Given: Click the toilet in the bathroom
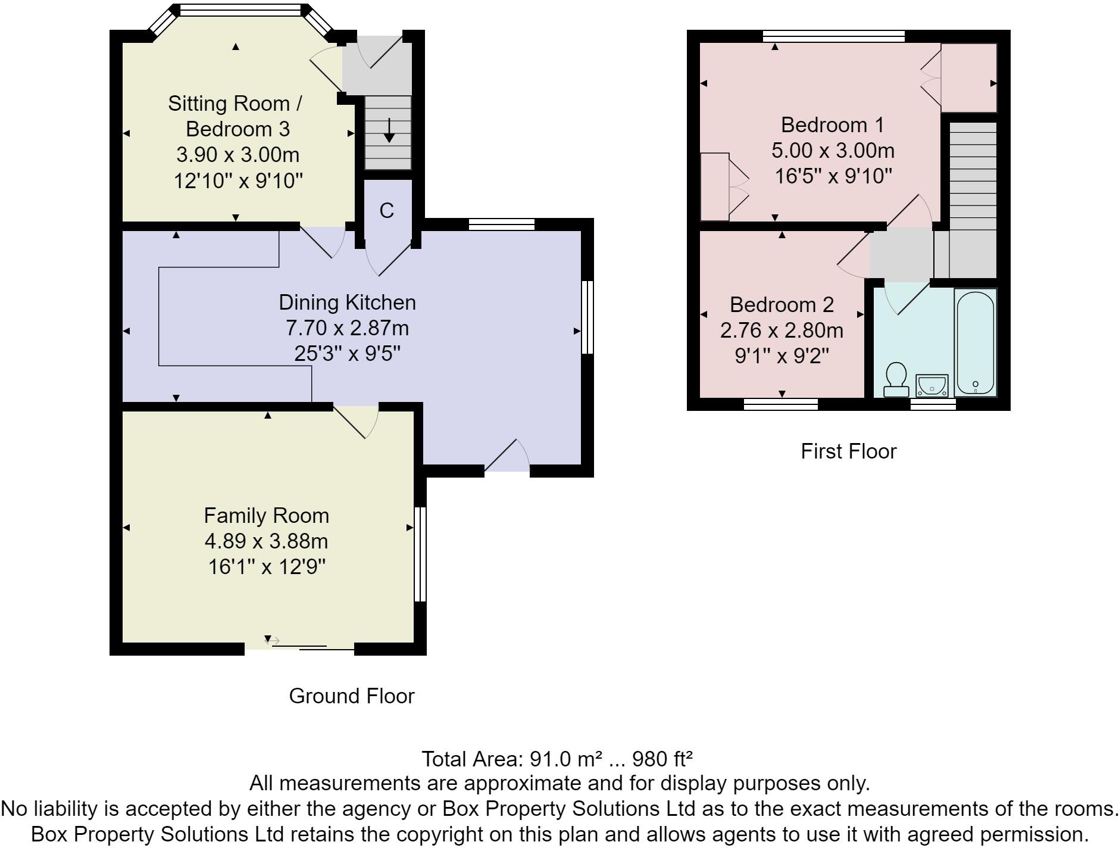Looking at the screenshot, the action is (896, 380).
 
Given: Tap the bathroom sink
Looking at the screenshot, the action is (932, 385).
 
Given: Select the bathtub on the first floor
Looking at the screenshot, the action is (975, 342).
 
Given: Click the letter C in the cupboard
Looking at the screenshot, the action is (387, 210).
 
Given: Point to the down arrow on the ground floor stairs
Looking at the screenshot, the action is (389, 130).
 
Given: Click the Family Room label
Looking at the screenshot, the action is (266, 515).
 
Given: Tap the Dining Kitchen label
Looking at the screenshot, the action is (347, 302).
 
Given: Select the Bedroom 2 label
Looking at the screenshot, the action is (782, 304).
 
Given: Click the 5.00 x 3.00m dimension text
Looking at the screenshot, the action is (833, 151).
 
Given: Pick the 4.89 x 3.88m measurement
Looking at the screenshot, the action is (266, 541).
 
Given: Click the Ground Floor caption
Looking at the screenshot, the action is (352, 696).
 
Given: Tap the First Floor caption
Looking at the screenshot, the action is (848, 451).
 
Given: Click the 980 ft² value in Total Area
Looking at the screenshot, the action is (662, 759).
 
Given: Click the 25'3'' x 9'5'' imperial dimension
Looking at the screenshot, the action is (347, 354).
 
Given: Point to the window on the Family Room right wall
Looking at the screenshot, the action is (420, 554).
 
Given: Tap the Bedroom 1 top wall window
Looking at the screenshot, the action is (834, 36).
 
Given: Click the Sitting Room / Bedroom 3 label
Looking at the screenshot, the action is (236, 116).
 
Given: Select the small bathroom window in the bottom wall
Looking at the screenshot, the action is (933, 404).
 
